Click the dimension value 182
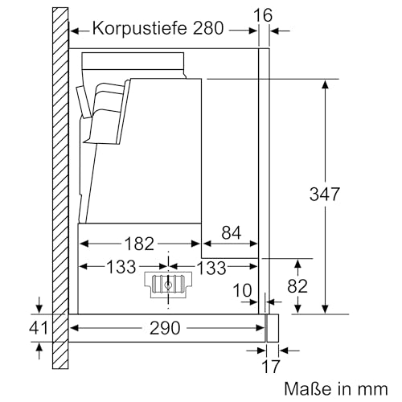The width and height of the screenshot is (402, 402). coord(138,242)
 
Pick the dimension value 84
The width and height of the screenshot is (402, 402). coord(230,233)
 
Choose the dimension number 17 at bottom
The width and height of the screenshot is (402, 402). coord(272,367)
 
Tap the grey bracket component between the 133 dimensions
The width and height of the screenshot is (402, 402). coord(168,283)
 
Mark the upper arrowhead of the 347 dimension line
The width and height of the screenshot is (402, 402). coord(325,84)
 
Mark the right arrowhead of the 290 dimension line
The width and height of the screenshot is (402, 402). coord(260,328)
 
